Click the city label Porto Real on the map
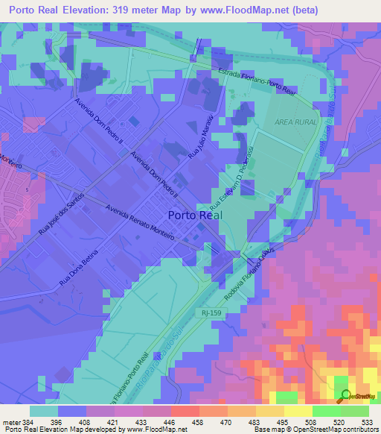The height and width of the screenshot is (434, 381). pyautogui.click(x=195, y=215)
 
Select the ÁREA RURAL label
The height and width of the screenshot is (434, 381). pyautogui.click(x=296, y=121)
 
